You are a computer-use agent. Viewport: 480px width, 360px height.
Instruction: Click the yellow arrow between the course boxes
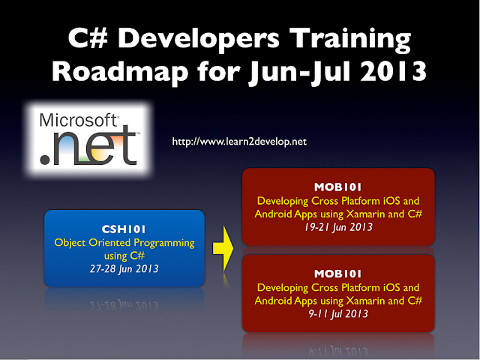point(221,247)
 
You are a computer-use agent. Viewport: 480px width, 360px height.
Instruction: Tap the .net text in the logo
point(88,146)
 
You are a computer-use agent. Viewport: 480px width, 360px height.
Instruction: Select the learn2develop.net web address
point(239,141)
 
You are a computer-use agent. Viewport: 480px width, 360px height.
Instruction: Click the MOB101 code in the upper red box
point(338,187)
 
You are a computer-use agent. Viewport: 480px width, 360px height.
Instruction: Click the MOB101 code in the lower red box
point(338,274)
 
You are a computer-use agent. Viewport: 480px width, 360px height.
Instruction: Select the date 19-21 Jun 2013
point(338,227)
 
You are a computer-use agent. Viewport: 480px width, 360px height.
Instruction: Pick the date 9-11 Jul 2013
point(338,314)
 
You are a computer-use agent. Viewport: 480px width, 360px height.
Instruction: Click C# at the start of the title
point(85,40)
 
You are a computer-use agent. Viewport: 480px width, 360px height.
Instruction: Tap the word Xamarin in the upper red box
point(365,214)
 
